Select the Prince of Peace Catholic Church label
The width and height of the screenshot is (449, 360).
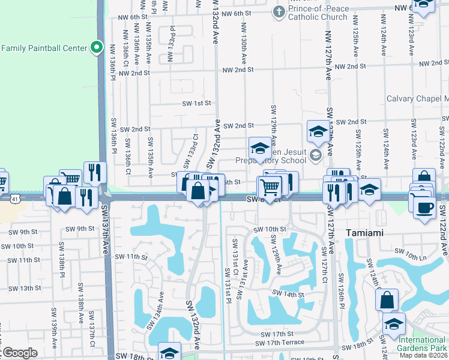318,13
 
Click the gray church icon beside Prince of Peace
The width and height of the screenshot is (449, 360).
279,11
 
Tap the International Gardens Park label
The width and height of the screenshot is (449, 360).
423,344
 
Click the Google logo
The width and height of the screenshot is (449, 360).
19,353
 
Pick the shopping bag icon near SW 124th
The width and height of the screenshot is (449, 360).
387,299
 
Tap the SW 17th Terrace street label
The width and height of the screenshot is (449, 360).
279,343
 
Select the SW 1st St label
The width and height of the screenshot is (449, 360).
197,103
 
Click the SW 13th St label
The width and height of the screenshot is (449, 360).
21,289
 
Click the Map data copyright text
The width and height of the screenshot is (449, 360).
424,355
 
